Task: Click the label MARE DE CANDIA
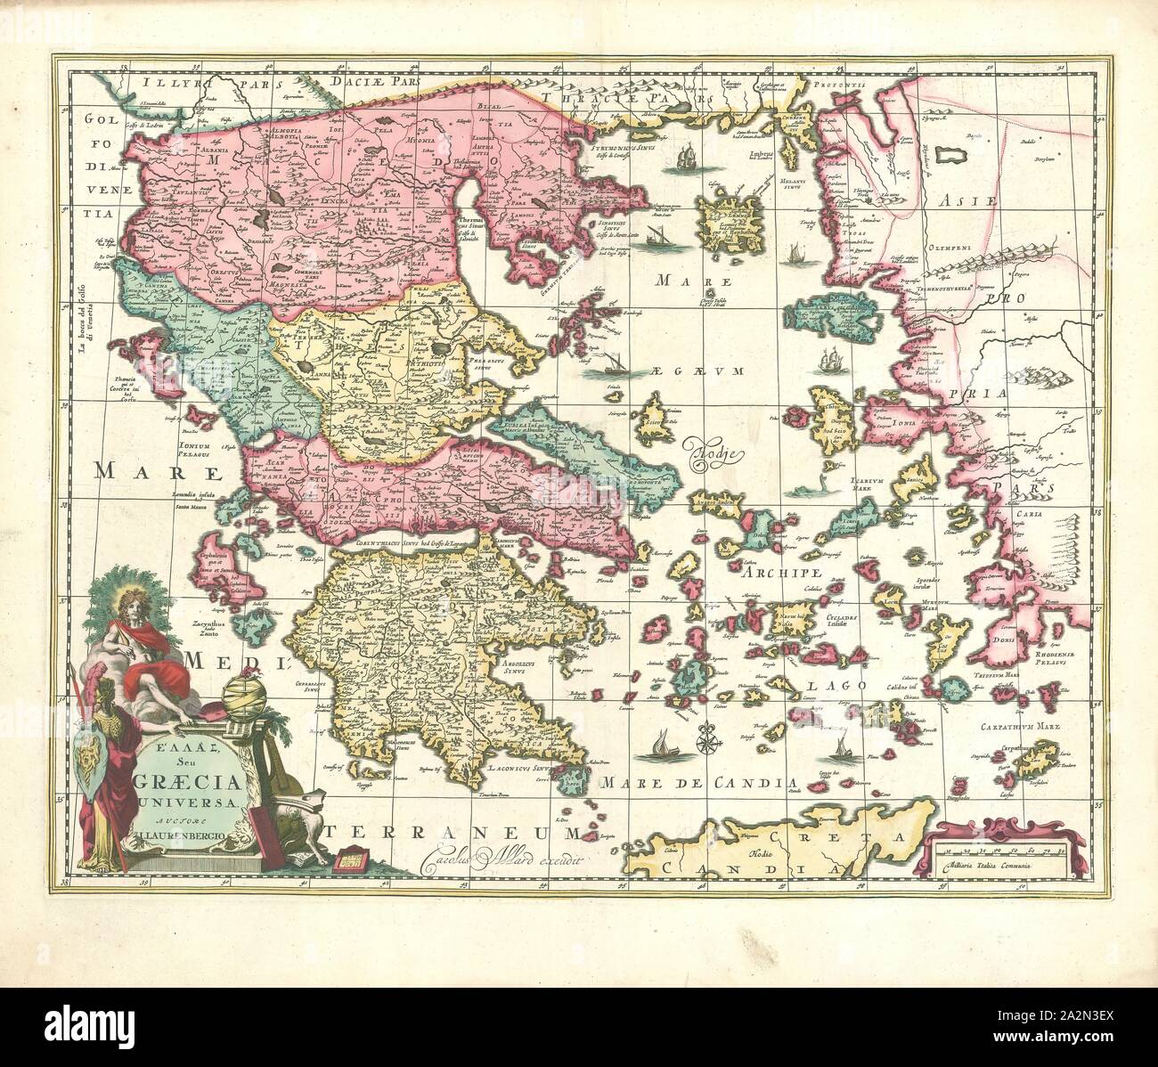click(x=697, y=784)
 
